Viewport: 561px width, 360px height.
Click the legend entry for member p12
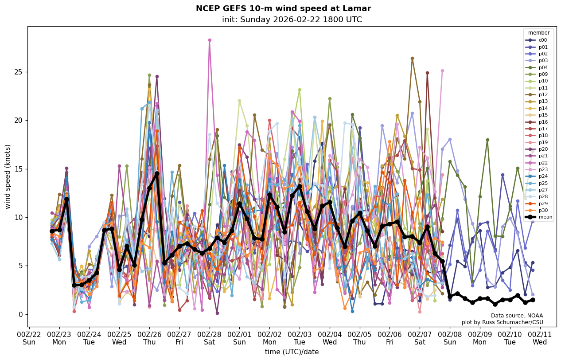pos(543,94)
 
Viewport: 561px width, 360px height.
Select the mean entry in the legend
pos(545,217)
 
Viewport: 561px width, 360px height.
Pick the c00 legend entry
pos(543,40)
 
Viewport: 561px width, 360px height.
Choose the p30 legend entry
pos(543,210)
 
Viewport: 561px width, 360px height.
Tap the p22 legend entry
pos(543,163)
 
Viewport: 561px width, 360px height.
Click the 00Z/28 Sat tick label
pos(210,338)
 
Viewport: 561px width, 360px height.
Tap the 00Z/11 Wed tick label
pos(540,338)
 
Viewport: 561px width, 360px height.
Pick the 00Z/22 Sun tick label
pos(29,338)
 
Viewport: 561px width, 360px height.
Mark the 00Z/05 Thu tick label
pos(360,338)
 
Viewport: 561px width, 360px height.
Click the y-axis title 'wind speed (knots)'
pos(8,176)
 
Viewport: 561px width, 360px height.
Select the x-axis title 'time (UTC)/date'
pos(292,352)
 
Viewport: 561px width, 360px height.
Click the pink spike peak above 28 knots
pos(210,40)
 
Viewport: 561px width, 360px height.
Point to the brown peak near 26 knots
pos(412,59)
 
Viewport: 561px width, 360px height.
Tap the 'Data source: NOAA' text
pos(517,316)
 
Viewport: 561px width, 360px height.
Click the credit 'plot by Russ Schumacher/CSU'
pos(502,322)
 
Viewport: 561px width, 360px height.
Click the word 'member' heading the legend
pos(538,33)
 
